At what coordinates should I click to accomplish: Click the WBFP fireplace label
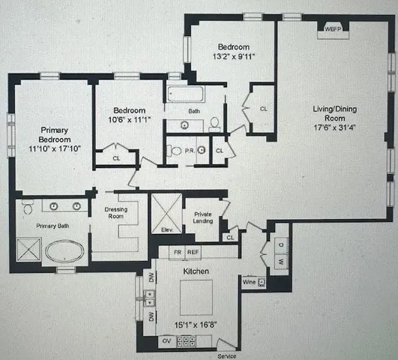(331, 29)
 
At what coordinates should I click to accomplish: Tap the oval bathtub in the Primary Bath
(66, 250)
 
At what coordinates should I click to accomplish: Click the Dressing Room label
(114, 214)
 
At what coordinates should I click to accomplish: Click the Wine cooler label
(248, 283)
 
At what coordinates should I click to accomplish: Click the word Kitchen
(195, 270)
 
